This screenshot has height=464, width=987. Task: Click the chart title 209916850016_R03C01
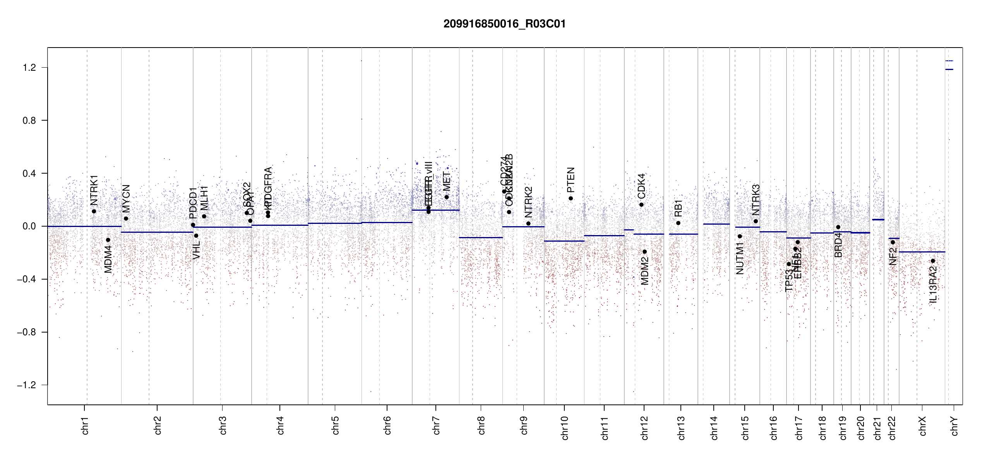tap(504, 24)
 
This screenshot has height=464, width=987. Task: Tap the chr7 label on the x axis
tap(436, 425)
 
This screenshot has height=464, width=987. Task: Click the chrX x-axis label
tap(922, 426)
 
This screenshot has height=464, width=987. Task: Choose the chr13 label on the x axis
tap(681, 427)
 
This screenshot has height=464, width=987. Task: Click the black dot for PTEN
tap(571, 198)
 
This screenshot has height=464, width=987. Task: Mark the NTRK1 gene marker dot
tap(94, 212)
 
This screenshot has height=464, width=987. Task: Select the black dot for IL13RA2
tap(933, 261)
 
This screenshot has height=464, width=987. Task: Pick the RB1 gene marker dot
tap(678, 223)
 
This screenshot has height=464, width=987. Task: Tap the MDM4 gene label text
tap(108, 259)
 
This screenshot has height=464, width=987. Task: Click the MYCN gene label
tap(126, 198)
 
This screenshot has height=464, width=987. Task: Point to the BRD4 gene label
tap(838, 245)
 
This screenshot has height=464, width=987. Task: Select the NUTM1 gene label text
tap(740, 258)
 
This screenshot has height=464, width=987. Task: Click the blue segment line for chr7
tap(435, 210)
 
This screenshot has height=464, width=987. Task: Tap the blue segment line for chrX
tap(922, 252)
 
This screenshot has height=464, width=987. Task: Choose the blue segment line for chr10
tap(564, 241)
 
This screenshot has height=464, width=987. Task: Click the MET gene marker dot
tap(446, 197)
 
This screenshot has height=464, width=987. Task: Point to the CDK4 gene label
tap(641, 186)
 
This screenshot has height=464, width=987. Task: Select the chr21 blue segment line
tap(878, 220)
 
